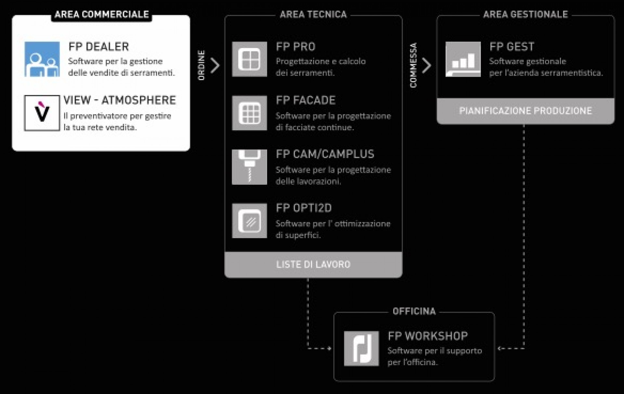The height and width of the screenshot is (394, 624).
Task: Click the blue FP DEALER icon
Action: pyautogui.click(x=42, y=59)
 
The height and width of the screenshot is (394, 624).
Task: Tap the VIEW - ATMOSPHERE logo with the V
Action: pyautogui.click(x=42, y=113)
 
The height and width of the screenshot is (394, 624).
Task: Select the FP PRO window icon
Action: pyautogui.click(x=249, y=59)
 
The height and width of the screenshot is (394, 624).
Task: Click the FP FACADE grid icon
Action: pyautogui.click(x=249, y=113)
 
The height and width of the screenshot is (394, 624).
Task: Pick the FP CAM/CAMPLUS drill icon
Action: pyautogui.click(x=249, y=167)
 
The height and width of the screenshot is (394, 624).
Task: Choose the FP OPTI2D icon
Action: pyautogui.click(x=249, y=221)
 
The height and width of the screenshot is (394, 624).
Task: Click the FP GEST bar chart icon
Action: pyautogui.click(x=463, y=59)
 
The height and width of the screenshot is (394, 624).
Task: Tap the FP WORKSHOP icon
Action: pyautogui.click(x=361, y=349)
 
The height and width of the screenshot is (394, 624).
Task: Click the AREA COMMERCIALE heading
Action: pyautogui.click(x=101, y=15)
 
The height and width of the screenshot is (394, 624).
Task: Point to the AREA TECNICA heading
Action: pyautogui.click(x=313, y=15)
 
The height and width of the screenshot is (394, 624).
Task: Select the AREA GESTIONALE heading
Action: pyautogui.click(x=526, y=15)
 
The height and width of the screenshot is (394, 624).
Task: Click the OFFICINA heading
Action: pyautogui.click(x=414, y=311)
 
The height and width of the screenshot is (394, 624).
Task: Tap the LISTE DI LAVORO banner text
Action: pyautogui.click(x=313, y=264)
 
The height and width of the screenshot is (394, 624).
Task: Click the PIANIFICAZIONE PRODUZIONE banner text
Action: pyautogui.click(x=526, y=111)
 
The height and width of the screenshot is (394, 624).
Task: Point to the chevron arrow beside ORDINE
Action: pyautogui.click(x=215, y=65)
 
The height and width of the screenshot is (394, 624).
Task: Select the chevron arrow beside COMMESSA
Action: pyautogui.click(x=427, y=65)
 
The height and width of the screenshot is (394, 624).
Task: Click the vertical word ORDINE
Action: pyautogui.click(x=201, y=65)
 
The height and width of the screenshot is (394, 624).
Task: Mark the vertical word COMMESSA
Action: pyautogui.click(x=413, y=65)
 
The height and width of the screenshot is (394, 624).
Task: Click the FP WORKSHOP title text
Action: pyautogui.click(x=428, y=336)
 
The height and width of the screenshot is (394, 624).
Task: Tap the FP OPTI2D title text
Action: pyautogui.click(x=304, y=208)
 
